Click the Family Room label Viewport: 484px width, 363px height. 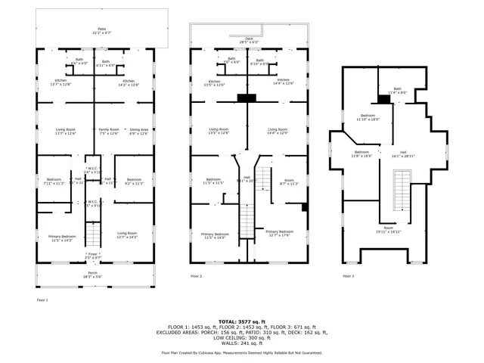[x=110, y=132]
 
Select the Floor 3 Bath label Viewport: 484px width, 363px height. [x=398, y=91]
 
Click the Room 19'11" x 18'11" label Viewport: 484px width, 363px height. [x=389, y=229]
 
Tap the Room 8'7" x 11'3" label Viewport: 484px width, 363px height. [x=290, y=181]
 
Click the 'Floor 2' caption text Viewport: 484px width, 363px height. [x=196, y=277]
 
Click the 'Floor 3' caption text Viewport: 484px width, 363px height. [x=347, y=277]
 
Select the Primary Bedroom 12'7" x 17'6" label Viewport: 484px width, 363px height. [x=279, y=233]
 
